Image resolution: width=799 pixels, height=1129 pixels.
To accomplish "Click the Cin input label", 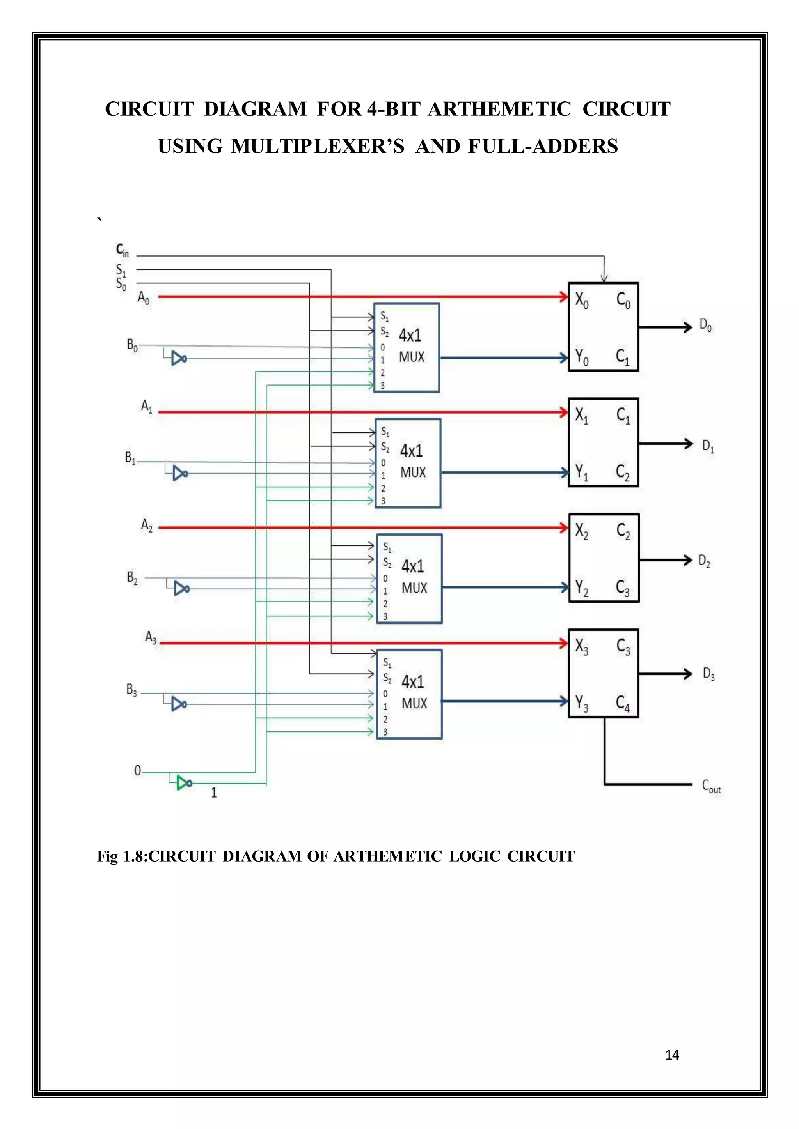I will click(x=122, y=250).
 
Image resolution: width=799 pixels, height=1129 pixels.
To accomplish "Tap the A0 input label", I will click(x=143, y=297).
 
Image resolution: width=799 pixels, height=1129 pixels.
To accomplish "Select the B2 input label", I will click(x=132, y=577).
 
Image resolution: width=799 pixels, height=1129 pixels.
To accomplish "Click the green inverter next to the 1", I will click(x=184, y=783).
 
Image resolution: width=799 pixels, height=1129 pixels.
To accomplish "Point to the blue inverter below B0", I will click(x=178, y=359).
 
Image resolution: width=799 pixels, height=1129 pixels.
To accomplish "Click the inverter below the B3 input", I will click(x=178, y=704).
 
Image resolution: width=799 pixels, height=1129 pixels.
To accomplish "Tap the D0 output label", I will click(x=705, y=326).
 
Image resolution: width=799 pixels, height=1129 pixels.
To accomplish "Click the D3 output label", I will click(x=708, y=674).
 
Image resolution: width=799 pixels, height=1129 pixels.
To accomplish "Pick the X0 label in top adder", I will click(x=582, y=299).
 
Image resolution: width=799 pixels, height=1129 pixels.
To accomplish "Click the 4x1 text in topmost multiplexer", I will click(x=410, y=335).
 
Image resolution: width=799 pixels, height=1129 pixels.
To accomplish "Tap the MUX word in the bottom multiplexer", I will click(x=414, y=704).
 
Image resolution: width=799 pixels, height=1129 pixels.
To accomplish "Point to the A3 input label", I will click(x=151, y=637).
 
